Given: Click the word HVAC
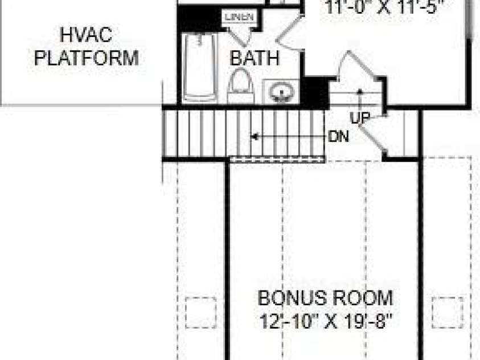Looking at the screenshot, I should (86, 36).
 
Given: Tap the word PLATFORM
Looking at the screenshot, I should (86, 58).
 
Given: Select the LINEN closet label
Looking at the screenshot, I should (239, 17).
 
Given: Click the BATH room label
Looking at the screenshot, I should (255, 58).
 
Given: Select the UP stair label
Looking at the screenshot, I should (360, 117).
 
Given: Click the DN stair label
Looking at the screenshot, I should (339, 137).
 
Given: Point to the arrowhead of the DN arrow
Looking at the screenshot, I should (255, 137).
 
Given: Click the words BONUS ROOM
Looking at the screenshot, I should (325, 298).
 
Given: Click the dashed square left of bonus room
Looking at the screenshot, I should (200, 312).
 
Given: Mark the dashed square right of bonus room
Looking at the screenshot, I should (448, 312).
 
